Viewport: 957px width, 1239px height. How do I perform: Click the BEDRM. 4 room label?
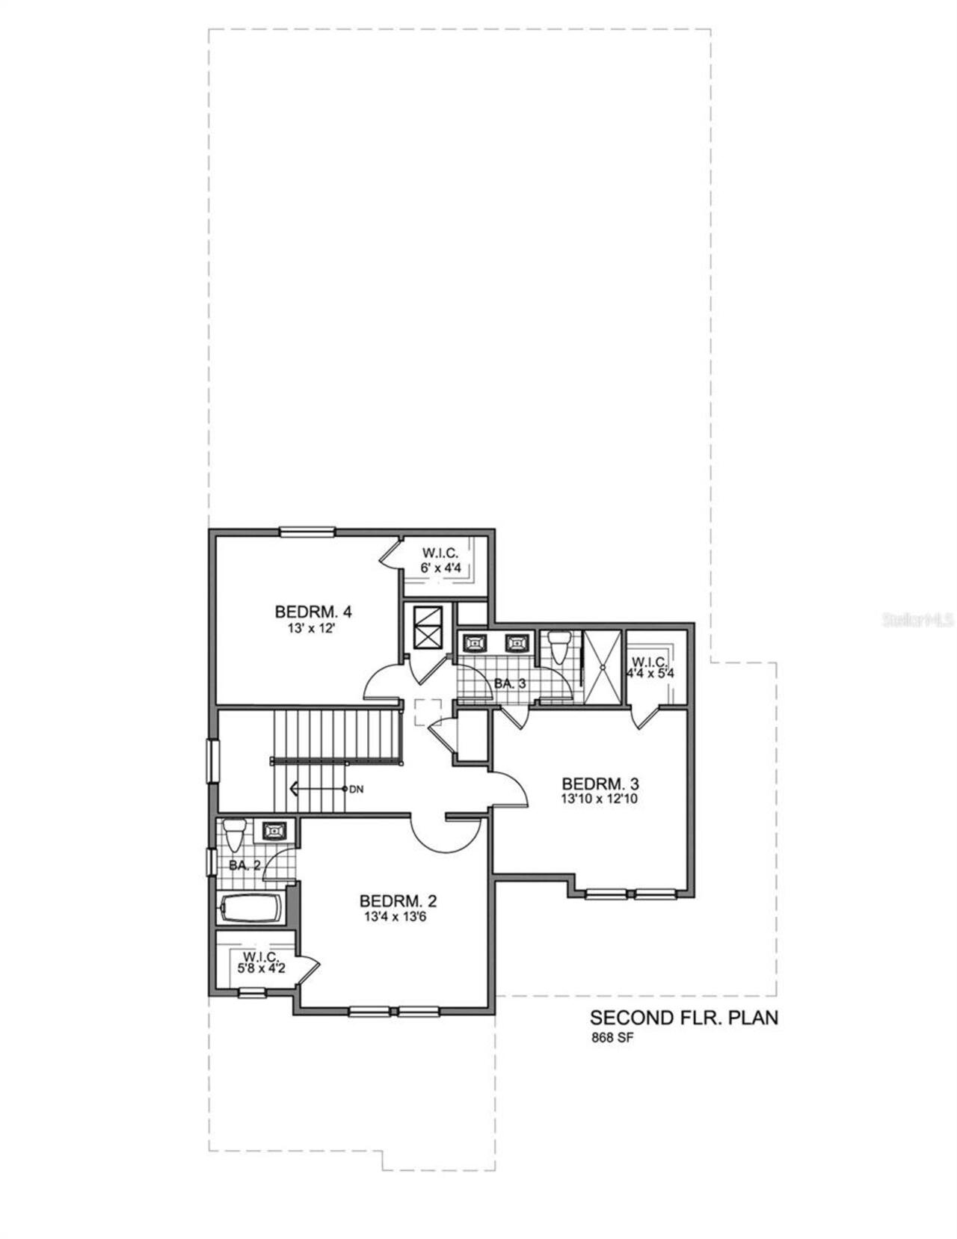[x=313, y=612]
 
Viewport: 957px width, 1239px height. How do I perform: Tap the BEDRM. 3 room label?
[x=600, y=784]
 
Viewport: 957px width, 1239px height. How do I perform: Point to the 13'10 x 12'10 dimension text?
[x=600, y=799]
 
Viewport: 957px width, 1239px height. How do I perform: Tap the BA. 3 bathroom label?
[x=511, y=683]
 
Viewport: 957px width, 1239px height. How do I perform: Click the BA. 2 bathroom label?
[x=244, y=866]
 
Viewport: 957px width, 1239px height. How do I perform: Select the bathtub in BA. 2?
[x=250, y=909]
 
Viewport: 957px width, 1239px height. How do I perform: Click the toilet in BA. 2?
[x=234, y=834]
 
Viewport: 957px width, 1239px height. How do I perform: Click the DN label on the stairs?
[x=357, y=789]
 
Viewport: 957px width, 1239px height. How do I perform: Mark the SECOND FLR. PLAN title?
[x=683, y=1018]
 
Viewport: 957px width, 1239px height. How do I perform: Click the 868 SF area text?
[x=612, y=1038]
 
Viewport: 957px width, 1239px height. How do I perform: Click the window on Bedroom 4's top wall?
[x=307, y=532]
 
